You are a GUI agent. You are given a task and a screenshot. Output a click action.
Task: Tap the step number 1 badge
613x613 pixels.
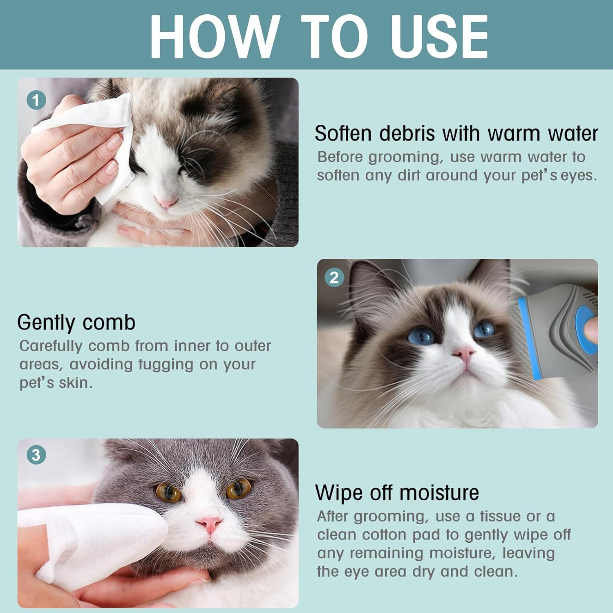[x=36, y=100]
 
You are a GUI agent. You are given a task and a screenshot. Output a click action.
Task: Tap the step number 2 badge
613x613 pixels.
[x=334, y=278]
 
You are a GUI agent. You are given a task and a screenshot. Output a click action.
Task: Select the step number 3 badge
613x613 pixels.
[x=36, y=455]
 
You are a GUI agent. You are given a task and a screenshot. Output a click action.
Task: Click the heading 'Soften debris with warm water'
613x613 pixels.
[x=456, y=134]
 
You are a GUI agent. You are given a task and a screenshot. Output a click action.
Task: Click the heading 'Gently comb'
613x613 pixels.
[x=76, y=322]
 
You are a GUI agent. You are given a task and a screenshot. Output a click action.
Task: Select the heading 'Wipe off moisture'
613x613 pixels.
[x=397, y=492]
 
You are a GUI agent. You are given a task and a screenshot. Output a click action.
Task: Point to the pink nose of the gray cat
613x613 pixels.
[x=209, y=524]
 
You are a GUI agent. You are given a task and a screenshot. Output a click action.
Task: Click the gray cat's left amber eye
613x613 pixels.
[x=168, y=493]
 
